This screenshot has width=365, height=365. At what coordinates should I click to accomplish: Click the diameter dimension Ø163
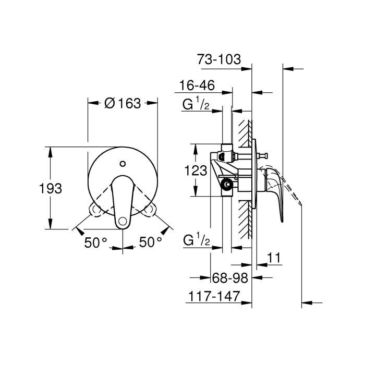pyautogui.click(x=123, y=103)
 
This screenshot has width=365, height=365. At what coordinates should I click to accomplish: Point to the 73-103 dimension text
pyautogui.click(x=219, y=59)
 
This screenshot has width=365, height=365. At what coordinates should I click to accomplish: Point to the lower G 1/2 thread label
pyautogui.click(x=196, y=241)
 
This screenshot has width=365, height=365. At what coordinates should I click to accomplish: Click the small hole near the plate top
pyautogui.click(x=122, y=164)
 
